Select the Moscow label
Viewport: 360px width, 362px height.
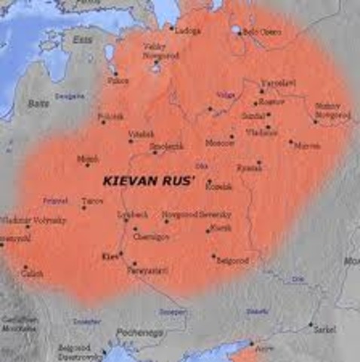pyautogui.click(x=220, y=143)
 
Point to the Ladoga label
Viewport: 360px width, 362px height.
pyautogui.click(x=187, y=31)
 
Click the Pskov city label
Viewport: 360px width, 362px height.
pyautogui.click(x=119, y=79)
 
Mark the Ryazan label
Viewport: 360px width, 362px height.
pyautogui.click(x=249, y=167)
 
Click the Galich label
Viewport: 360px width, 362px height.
pyautogui.click(x=31, y=274)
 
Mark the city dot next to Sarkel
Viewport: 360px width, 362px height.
pyautogui.click(x=310, y=325)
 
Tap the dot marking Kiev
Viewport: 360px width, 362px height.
pyautogui.click(x=121, y=254)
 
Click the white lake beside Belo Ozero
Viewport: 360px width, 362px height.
pyautogui.click(x=236, y=31)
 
